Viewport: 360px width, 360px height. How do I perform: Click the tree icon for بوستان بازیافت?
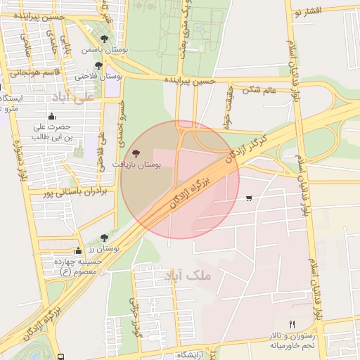[136, 153]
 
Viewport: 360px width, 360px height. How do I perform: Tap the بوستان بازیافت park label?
[136, 164]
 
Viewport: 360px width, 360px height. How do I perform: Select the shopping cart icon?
[250, 198]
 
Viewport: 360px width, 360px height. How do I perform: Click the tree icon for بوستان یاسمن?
[105, 39]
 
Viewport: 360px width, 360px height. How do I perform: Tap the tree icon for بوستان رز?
[105, 238]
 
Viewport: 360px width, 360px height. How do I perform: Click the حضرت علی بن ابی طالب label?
[51, 131]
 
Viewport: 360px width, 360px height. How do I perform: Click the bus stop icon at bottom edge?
[61, 356]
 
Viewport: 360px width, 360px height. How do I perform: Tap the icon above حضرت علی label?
[51, 117]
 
